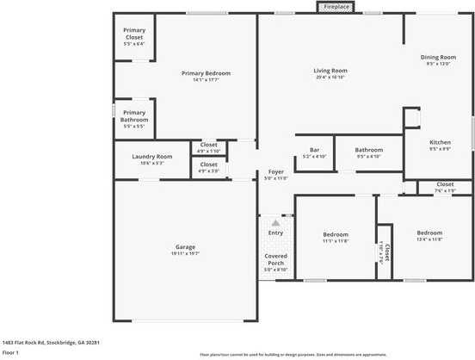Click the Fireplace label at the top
[337, 7]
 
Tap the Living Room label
[330, 71]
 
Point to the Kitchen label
[440, 142]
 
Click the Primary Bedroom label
[207, 73]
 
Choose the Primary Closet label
[134, 34]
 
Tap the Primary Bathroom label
[134, 115]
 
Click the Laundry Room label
[152, 156]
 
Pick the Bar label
[315, 150]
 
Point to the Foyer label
[275, 171]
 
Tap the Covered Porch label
[275, 260]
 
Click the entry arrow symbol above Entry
[275, 222]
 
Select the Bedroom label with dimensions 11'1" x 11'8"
[336, 234]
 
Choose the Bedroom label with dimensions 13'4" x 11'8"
[429, 233]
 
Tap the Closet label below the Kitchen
[445, 183]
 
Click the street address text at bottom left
[52, 342]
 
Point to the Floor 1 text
[11, 352]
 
